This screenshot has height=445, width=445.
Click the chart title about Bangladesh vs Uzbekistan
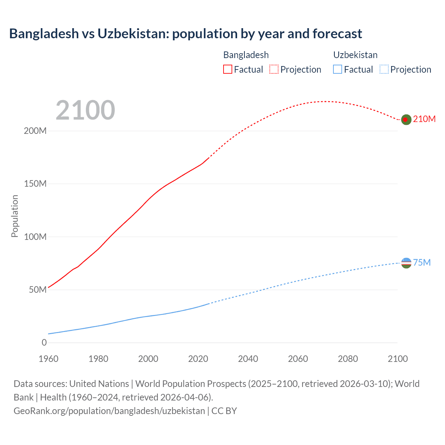[x=186, y=34]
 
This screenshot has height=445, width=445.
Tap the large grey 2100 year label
[x=85, y=110]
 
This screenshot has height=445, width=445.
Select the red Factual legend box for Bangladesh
[x=227, y=70]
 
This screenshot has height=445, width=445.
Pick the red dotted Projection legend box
[x=274, y=70]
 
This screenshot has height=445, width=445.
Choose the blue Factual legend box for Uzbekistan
[x=337, y=70]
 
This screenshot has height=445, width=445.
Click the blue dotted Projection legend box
[x=384, y=70]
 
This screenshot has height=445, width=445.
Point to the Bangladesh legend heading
[x=246, y=55]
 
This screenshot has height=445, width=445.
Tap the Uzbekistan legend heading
[x=355, y=55]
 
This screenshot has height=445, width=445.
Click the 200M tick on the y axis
[x=35, y=131]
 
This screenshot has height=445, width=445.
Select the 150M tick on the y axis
[x=35, y=184]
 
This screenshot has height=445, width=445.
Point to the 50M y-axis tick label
[x=38, y=290]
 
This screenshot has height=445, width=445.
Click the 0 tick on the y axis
[x=44, y=343]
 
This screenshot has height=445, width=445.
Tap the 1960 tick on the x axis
[x=48, y=359]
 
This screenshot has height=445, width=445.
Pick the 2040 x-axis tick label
[x=248, y=359]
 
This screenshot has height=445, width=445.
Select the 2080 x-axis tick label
[x=348, y=359]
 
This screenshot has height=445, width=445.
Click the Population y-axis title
[x=15, y=216]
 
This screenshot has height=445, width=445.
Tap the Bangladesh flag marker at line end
[x=406, y=120]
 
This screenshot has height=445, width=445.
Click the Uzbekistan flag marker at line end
[x=406, y=263]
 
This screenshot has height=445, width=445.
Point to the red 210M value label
[x=424, y=119]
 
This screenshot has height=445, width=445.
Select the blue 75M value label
[x=422, y=262]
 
